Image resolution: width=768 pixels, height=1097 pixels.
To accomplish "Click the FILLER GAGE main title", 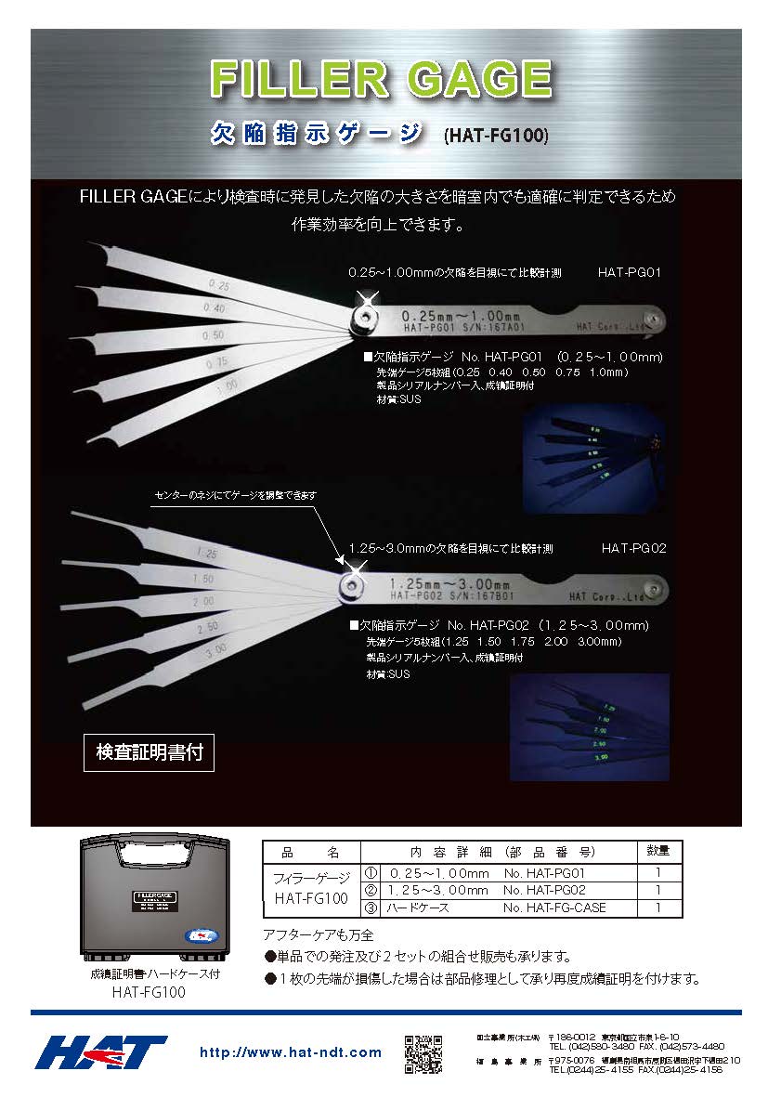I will [381, 79].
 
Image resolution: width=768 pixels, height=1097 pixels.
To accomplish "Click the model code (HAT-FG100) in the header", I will [497, 136].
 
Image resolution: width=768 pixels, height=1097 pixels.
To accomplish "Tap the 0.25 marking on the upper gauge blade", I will [220, 285].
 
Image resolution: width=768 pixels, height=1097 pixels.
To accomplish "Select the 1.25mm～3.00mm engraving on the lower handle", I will [450, 583].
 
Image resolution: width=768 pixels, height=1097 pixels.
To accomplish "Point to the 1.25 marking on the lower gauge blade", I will [207, 553].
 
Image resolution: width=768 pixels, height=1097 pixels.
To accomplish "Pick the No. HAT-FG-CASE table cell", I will [554, 908].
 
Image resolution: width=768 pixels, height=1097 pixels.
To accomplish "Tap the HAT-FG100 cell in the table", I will [310, 899].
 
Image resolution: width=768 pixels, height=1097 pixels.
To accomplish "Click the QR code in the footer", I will [423, 1052].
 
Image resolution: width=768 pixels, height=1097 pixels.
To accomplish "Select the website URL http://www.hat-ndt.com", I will [291, 1052].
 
